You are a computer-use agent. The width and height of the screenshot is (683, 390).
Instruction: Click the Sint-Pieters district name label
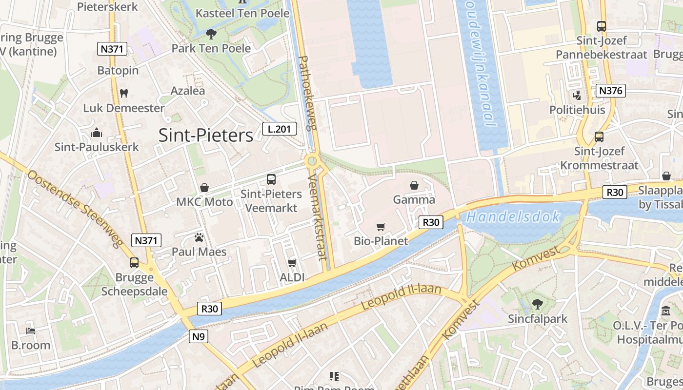click(205, 136)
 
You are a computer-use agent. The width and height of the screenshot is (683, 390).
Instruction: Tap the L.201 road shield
click(279, 129)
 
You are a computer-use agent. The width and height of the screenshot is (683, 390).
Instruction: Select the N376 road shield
click(610, 91)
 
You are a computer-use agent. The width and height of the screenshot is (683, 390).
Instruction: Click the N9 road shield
click(198, 336)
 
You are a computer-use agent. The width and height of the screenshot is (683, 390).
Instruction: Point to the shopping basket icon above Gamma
click(414, 185)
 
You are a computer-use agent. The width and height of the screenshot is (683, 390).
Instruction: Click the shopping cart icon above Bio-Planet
click(381, 227)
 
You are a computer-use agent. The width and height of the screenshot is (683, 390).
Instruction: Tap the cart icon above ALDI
click(292, 263)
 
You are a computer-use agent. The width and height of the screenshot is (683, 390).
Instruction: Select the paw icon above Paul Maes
click(199, 237)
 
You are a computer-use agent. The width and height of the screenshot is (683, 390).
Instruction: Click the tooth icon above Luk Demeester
click(123, 93)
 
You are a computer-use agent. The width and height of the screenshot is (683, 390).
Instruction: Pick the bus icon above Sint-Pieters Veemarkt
click(271, 179)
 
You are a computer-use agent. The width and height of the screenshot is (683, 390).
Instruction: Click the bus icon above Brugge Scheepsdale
click(134, 263)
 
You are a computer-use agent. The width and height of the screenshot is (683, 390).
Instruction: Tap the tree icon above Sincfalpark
click(538, 304)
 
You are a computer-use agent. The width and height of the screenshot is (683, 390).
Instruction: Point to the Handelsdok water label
click(513, 217)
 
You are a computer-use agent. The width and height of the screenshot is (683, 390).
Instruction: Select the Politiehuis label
click(577, 110)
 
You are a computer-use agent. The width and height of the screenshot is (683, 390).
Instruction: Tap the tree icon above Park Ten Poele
click(211, 34)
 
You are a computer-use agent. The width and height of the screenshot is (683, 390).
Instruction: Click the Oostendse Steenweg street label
click(74, 209)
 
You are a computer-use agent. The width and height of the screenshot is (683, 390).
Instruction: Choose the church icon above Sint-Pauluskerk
click(97, 133)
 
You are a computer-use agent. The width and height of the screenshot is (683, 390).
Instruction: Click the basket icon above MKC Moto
click(204, 188)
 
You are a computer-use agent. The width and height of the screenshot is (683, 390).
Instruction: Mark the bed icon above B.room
click(31, 331)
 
